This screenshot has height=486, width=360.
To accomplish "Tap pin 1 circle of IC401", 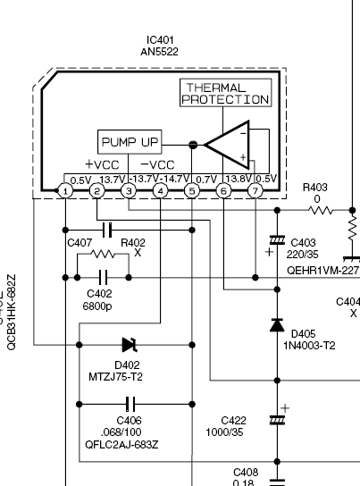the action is point(65,191).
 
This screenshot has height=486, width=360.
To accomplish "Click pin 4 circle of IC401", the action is point(160,191).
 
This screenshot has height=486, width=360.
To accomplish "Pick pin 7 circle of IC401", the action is point(255,191).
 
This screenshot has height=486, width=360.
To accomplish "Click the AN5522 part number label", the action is point(159,52).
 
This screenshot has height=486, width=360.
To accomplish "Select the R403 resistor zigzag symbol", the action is point(321,211).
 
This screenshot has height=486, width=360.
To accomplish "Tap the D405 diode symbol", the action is point(277,325).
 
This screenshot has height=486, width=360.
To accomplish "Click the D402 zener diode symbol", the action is point(130,345).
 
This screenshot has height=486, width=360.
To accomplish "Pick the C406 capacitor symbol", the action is point(130,404).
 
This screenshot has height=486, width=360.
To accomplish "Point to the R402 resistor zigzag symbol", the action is point(103,254).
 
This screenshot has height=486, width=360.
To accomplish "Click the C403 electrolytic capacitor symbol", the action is point(277,240).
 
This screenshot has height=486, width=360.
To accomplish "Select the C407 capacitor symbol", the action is point(107,230).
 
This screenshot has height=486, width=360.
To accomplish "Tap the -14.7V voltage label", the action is point(175,179).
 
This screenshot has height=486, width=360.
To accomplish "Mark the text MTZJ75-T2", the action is point(115,377).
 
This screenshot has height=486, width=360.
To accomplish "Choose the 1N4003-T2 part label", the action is point(309,346).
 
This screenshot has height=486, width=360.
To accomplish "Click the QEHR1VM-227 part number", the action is point(322,271).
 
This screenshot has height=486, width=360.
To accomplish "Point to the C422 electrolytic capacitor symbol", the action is point(277,420).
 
